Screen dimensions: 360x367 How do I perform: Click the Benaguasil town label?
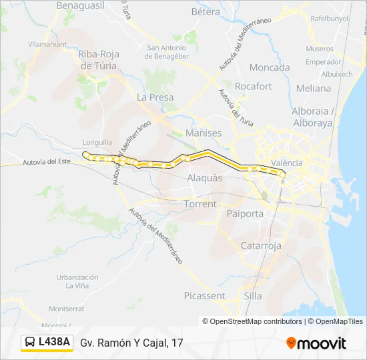click(x=81, y=5)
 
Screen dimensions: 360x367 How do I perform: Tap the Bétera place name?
click(x=206, y=11)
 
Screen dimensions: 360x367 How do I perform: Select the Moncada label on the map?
click(x=270, y=67)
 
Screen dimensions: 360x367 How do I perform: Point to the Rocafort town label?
click(x=254, y=86)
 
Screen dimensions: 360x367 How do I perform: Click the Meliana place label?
click(x=313, y=88)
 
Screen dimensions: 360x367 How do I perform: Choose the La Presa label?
click(x=155, y=97)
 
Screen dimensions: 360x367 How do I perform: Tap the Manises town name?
click(x=204, y=133)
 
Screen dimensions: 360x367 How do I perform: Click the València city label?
click(x=288, y=163)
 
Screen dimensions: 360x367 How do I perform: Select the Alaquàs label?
click(x=205, y=178)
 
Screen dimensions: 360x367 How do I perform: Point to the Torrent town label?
click(x=201, y=204)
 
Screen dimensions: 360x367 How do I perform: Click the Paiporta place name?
click(x=245, y=214)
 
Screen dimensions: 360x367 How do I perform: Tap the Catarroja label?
click(x=262, y=246)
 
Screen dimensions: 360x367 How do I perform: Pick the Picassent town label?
click(x=204, y=295)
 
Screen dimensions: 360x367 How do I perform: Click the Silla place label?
click(x=254, y=295)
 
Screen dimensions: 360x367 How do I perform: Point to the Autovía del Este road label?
click(x=46, y=161)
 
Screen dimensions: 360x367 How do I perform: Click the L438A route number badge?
click(x=46, y=343)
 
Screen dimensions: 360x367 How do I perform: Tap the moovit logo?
click(x=316, y=343)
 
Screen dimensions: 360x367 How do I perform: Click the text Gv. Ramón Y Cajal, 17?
click(x=131, y=343)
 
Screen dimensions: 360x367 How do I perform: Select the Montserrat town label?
click(x=67, y=309)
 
